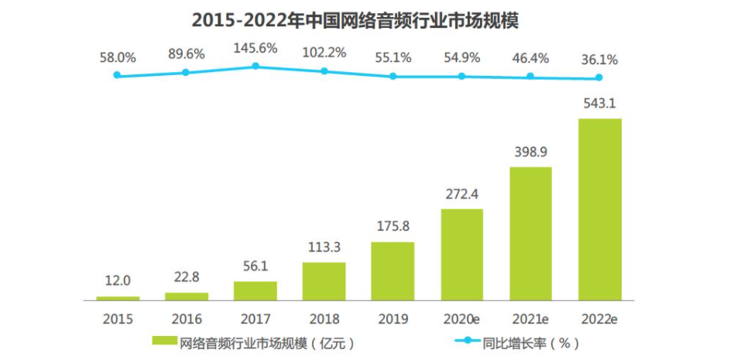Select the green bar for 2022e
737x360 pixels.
click(600, 209)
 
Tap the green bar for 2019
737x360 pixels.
click(392, 271)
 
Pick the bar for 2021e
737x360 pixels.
click(530, 233)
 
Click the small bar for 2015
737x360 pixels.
click(118, 297)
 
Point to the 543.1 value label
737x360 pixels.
click(599, 104)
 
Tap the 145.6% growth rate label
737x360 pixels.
click(255, 48)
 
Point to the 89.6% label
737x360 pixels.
click(186, 54)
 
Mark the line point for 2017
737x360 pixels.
click(255, 67)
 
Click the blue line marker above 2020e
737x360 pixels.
click(461, 76)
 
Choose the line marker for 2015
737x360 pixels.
click(117, 75)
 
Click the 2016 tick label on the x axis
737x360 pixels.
click(186, 319)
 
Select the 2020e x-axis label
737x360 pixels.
click(461, 319)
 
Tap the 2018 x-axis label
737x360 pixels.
click(324, 319)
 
